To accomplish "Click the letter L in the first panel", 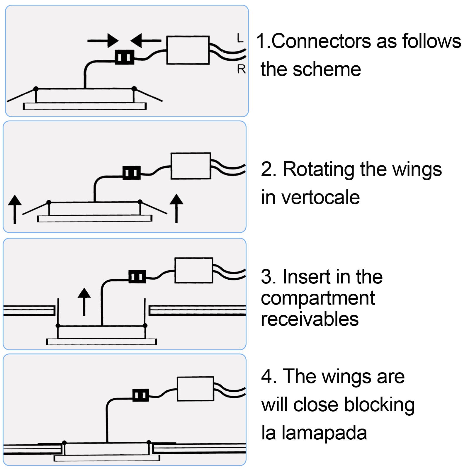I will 240,38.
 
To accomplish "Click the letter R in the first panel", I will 241,69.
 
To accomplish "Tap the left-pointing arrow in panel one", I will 146,40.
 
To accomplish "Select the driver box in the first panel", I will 188,50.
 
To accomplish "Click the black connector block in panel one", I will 124,57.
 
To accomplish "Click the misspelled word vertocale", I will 320,198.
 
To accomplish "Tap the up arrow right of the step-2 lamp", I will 176,208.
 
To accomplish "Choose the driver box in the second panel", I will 191,166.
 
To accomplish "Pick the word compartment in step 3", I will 318,298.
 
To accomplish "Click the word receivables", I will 310,319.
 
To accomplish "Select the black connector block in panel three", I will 137,277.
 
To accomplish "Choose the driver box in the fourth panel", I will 196,389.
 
